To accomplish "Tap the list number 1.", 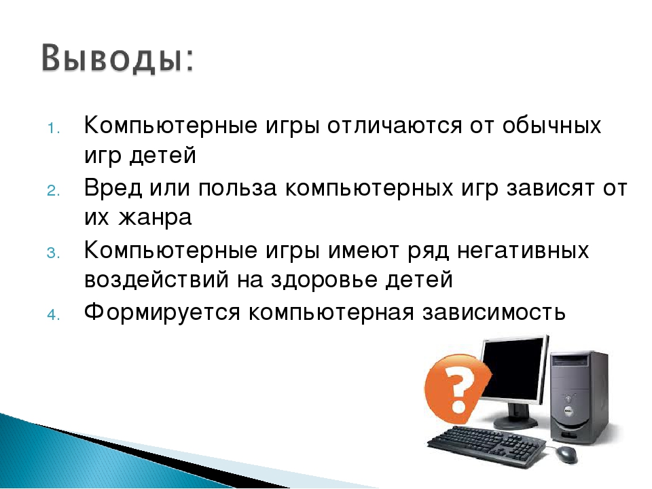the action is coord(54,128).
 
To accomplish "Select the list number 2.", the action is coord(54,191).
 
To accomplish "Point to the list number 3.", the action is coord(54,253).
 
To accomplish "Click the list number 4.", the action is coord(54,315).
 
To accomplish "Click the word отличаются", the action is coord(395,125).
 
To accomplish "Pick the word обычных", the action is coord(551,125).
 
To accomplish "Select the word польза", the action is coord(238,188).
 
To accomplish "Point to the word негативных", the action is coord(523,251).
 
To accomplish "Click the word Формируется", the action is coord(162,312).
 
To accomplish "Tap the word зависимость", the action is coord(494,312).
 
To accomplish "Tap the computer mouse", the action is coord(566,454).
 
